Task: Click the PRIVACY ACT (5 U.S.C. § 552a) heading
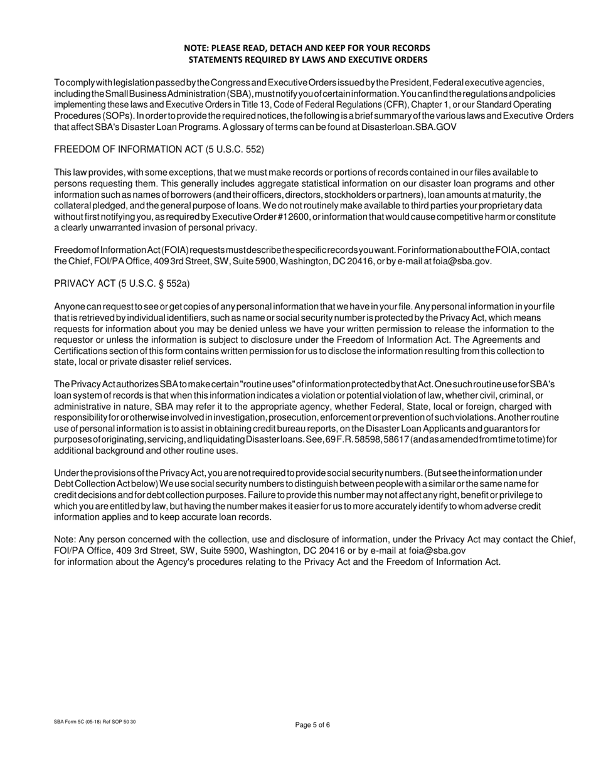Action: coord(122,284)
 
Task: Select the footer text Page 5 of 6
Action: coord(312,725)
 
